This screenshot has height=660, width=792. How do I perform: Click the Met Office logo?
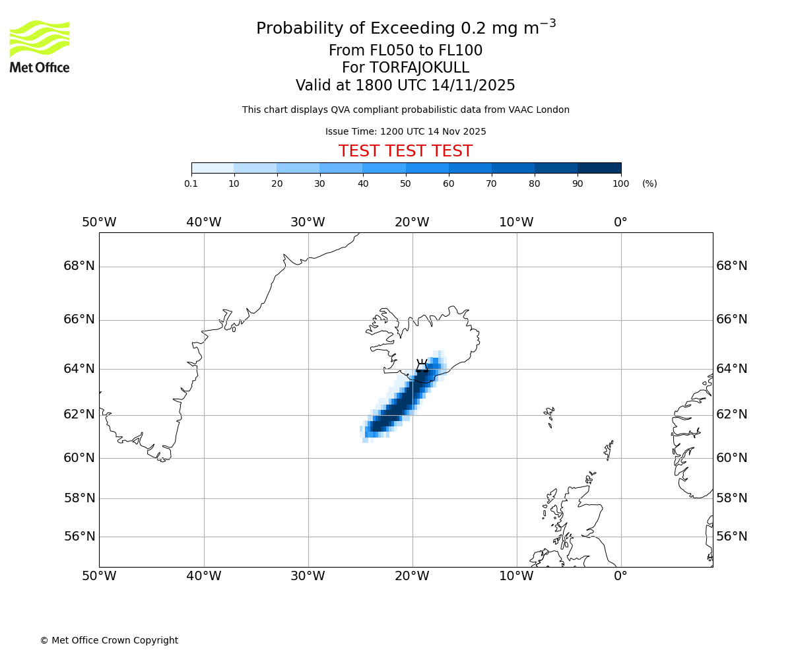click(x=40, y=46)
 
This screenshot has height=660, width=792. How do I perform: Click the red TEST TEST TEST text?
click(x=405, y=151)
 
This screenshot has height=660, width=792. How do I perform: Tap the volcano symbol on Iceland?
click(x=422, y=366)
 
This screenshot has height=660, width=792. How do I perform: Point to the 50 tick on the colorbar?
click(x=406, y=183)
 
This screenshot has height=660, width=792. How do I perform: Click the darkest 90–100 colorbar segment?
click(x=599, y=168)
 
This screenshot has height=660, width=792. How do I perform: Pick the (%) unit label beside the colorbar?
click(x=649, y=183)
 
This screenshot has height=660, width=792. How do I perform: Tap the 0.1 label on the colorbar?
click(x=191, y=183)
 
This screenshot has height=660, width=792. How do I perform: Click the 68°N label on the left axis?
click(x=79, y=266)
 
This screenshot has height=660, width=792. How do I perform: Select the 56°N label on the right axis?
click(x=732, y=537)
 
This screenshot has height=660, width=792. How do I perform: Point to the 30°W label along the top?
click(x=308, y=222)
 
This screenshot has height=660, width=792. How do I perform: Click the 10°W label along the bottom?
click(x=516, y=576)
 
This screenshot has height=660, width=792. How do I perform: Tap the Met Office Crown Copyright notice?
click(x=109, y=640)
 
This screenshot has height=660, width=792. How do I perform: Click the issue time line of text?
click(x=405, y=131)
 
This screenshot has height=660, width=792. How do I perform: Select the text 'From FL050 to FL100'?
click(x=405, y=51)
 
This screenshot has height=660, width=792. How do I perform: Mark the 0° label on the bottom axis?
click(x=620, y=576)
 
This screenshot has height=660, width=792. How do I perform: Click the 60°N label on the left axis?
click(x=79, y=458)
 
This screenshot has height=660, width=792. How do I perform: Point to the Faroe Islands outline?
click(x=549, y=415)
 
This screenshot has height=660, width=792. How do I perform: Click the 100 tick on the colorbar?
click(x=620, y=183)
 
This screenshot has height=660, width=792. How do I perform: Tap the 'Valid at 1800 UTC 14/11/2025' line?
click(x=405, y=86)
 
